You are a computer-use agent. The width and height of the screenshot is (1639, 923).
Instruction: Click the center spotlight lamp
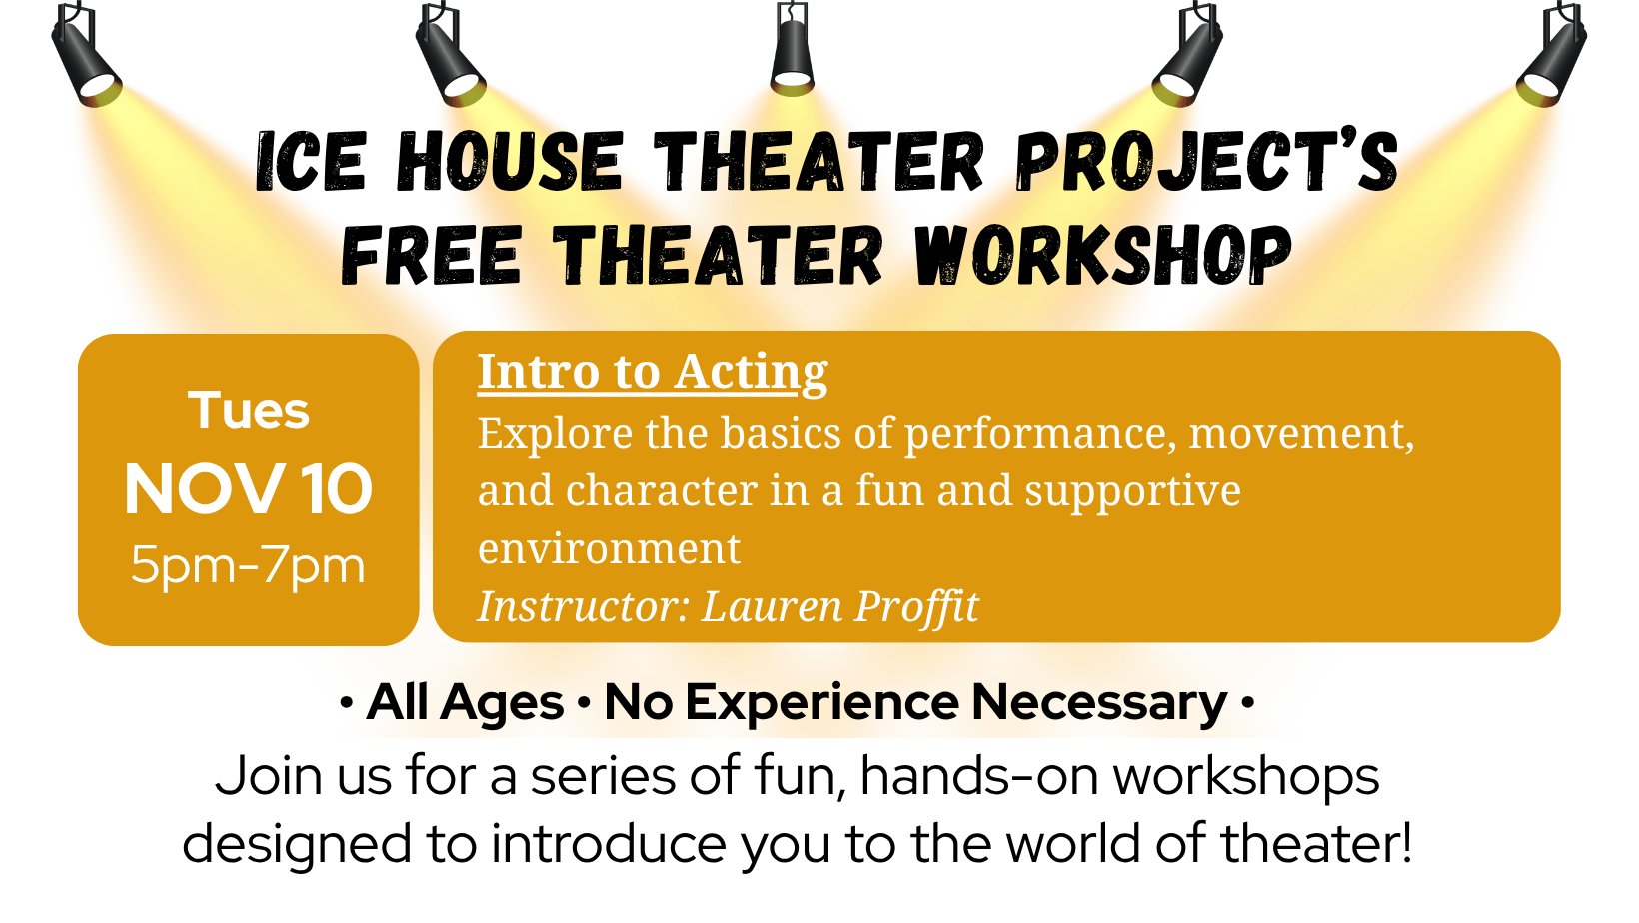point(792,50)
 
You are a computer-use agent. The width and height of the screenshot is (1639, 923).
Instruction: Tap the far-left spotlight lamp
point(86,56)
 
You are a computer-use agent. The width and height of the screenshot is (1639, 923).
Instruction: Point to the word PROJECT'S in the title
point(1207,163)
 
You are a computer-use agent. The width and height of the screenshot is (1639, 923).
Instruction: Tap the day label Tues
point(249,410)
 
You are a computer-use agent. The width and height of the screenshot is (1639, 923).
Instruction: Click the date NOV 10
point(248,490)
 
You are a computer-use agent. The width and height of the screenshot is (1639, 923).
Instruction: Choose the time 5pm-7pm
point(248,566)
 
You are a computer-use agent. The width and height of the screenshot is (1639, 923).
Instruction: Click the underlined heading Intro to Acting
point(653,373)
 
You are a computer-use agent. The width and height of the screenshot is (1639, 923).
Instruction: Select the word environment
point(609,548)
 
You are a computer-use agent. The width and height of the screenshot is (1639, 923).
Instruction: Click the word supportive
point(1132,491)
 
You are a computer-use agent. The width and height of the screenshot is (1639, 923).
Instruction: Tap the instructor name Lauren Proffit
point(839,607)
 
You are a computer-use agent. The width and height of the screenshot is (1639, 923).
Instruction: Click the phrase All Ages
point(466,703)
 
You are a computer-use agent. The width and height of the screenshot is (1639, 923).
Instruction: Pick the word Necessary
point(1099,703)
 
